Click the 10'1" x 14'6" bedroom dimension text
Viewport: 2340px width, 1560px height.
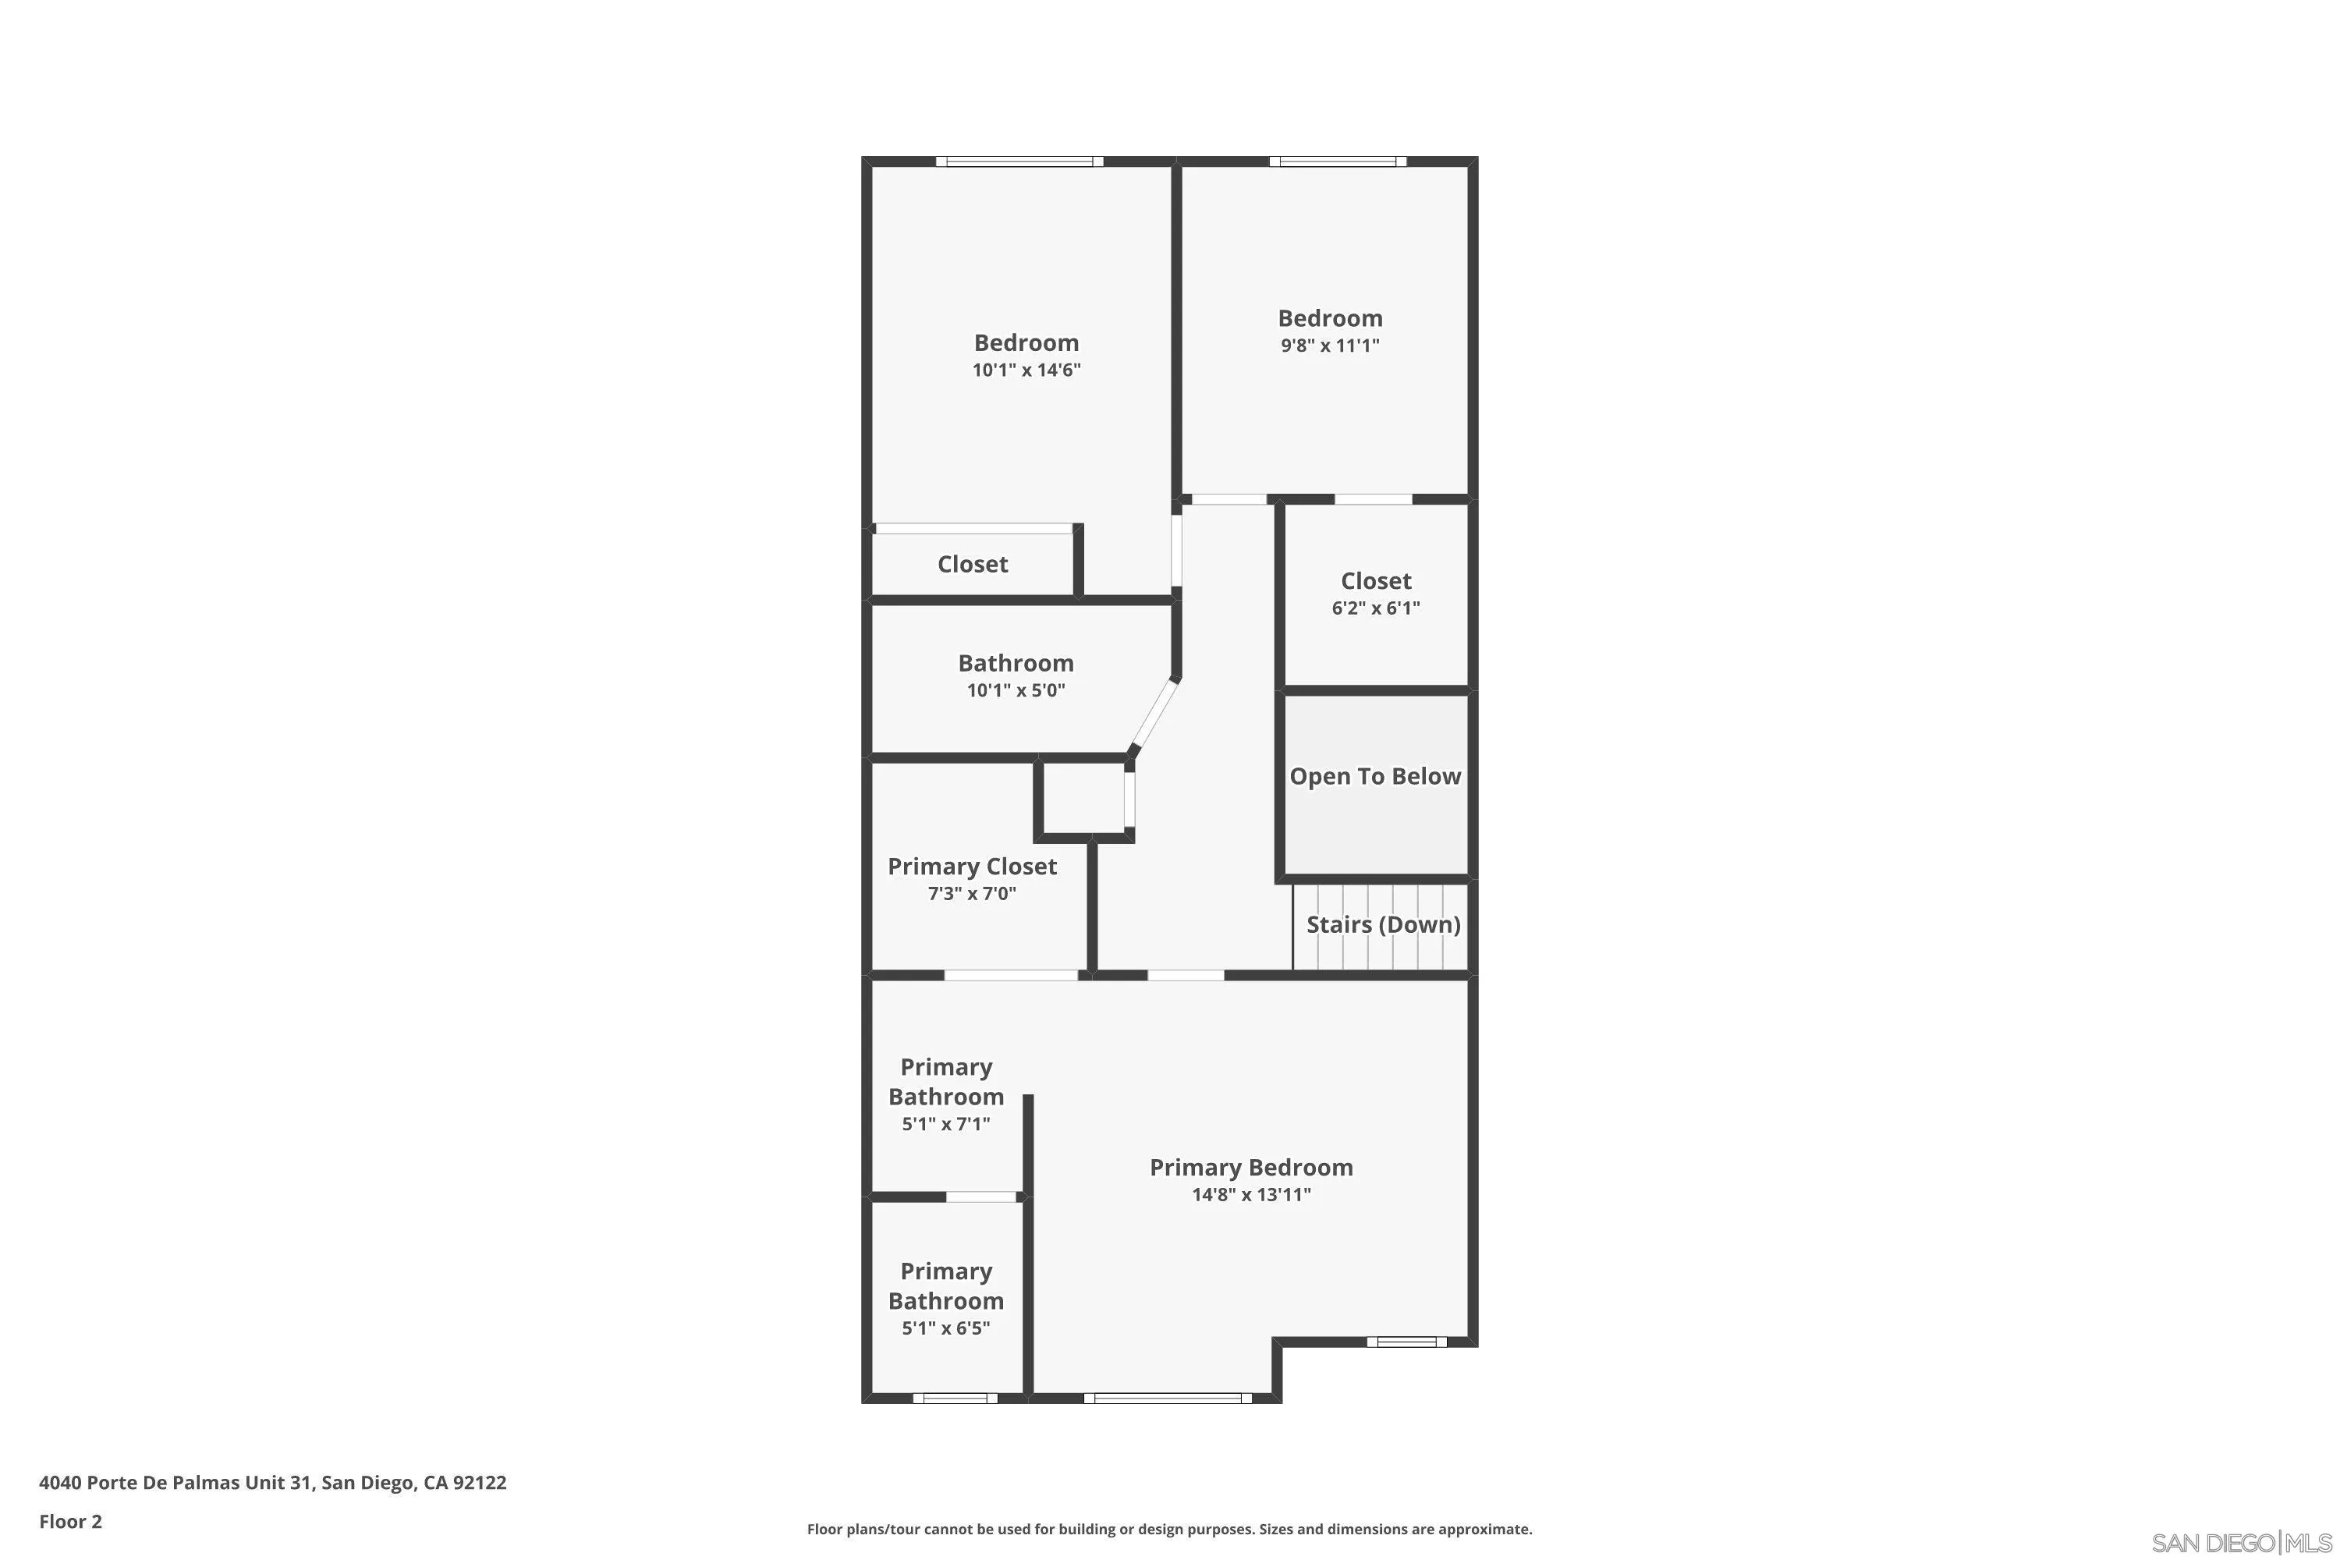(1026, 370)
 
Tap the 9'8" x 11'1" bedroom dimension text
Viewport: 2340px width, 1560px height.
(1329, 346)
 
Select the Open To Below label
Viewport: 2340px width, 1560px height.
(1375, 777)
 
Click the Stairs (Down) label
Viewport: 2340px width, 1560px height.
(1383, 925)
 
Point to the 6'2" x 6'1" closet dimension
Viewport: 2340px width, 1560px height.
(1375, 608)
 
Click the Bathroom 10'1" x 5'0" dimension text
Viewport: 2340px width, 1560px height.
(1016, 690)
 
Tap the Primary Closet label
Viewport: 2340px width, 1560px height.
(972, 867)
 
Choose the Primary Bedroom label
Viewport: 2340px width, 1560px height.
(1250, 1168)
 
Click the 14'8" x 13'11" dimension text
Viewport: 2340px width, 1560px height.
(1250, 1195)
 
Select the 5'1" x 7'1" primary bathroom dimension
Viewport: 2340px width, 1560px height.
(945, 1124)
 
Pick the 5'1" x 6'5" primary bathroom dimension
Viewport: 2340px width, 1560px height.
(945, 1328)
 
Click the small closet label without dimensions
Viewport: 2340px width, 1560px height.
(972, 564)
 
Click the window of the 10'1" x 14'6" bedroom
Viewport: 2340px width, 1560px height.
(1019, 161)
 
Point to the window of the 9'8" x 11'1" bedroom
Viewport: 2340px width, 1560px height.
(1337, 161)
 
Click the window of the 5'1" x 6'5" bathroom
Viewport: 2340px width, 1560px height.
(954, 1398)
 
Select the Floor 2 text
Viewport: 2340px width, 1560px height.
(71, 1521)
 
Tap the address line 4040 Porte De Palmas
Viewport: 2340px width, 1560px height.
(272, 1483)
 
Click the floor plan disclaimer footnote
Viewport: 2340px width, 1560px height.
(1169, 1529)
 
